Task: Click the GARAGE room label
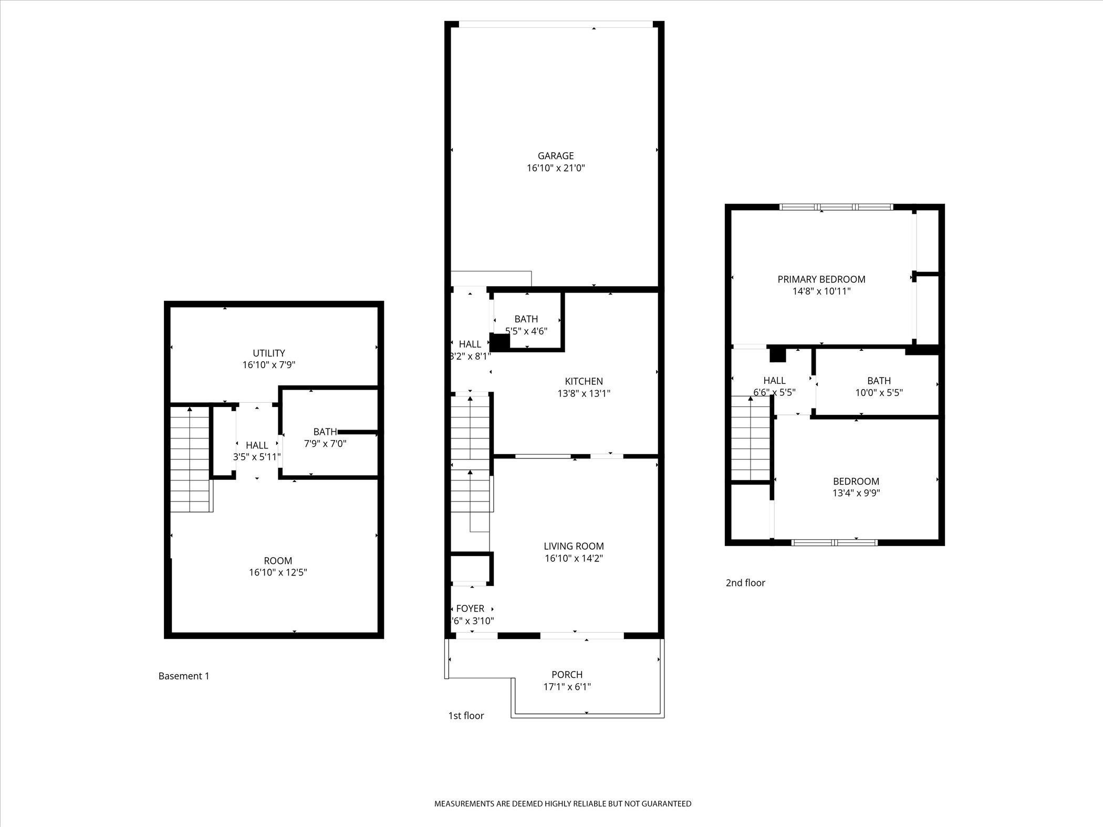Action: pyautogui.click(x=556, y=156)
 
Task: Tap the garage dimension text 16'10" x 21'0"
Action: pyautogui.click(x=556, y=168)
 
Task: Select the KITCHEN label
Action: pyautogui.click(x=584, y=381)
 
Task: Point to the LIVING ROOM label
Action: pyautogui.click(x=574, y=546)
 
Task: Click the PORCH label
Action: pyautogui.click(x=567, y=674)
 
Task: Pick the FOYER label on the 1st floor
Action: pyautogui.click(x=470, y=609)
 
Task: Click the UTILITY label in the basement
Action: pyautogui.click(x=269, y=353)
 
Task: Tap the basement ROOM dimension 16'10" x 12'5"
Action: pyautogui.click(x=278, y=572)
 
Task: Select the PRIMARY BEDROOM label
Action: pyautogui.click(x=821, y=279)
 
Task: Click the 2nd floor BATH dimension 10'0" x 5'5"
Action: pyautogui.click(x=879, y=392)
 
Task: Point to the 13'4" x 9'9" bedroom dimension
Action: pyautogui.click(x=856, y=493)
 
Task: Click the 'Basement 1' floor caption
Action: pyautogui.click(x=184, y=676)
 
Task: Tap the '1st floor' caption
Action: pyautogui.click(x=466, y=715)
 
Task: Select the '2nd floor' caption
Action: pyautogui.click(x=745, y=582)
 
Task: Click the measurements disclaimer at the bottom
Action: pyautogui.click(x=563, y=803)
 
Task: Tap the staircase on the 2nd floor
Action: pyautogui.click(x=751, y=438)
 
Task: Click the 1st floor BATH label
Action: pyautogui.click(x=526, y=319)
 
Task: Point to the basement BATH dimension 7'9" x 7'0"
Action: pyautogui.click(x=325, y=443)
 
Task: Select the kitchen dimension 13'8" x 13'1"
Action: pyautogui.click(x=584, y=393)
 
